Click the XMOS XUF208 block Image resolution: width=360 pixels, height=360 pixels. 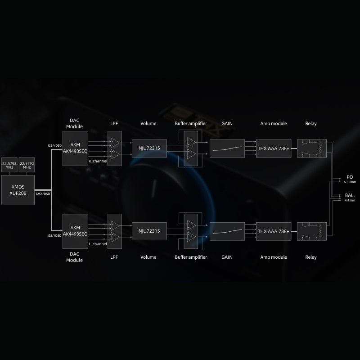coord(18,189)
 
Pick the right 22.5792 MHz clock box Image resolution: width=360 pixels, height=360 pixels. coord(27,165)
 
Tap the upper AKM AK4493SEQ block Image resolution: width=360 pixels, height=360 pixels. coord(75,148)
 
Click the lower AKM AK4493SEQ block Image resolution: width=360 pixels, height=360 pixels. coord(75,231)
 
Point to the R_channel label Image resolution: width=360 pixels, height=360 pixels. coord(98,161)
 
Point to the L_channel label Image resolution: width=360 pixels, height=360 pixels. coord(98,243)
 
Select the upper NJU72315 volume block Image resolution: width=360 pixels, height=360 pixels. coord(149,148)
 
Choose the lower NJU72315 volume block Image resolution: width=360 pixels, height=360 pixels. coord(149,231)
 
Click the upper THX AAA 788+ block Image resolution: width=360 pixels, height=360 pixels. coord(274,148)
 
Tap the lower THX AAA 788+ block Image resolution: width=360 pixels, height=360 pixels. coord(274,231)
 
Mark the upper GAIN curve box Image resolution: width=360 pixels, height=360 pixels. coord(227,148)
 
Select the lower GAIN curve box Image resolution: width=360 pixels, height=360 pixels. coord(227,231)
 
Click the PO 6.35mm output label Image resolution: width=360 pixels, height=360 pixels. coord(350,179)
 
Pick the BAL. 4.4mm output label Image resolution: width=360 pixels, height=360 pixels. coord(350,197)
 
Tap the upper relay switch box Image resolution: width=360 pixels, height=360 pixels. coord(311,148)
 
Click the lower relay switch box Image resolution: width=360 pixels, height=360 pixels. coord(311,231)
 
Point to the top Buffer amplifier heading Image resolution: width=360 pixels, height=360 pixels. coord(191,123)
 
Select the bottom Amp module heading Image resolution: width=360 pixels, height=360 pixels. coord(274,257)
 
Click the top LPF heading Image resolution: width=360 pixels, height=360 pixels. coord(114,123)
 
